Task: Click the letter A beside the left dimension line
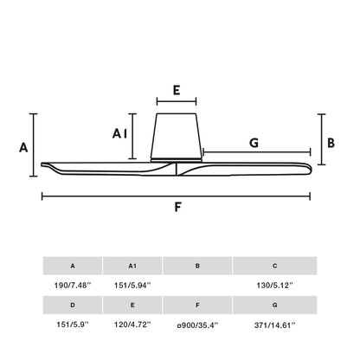[x=24, y=146]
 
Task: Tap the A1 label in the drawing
[x=121, y=133]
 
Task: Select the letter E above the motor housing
[x=177, y=90]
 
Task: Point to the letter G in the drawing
[x=254, y=142]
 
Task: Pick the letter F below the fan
[x=177, y=208]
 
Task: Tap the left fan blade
[x=104, y=166]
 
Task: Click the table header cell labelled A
[x=72, y=266]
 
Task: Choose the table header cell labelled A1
[x=132, y=266]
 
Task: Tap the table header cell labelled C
[x=274, y=266]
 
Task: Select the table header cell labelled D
[x=72, y=305]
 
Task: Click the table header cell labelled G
[x=274, y=305]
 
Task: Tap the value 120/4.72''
[x=132, y=325]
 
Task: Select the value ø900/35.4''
[x=198, y=325]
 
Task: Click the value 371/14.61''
[x=274, y=325]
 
